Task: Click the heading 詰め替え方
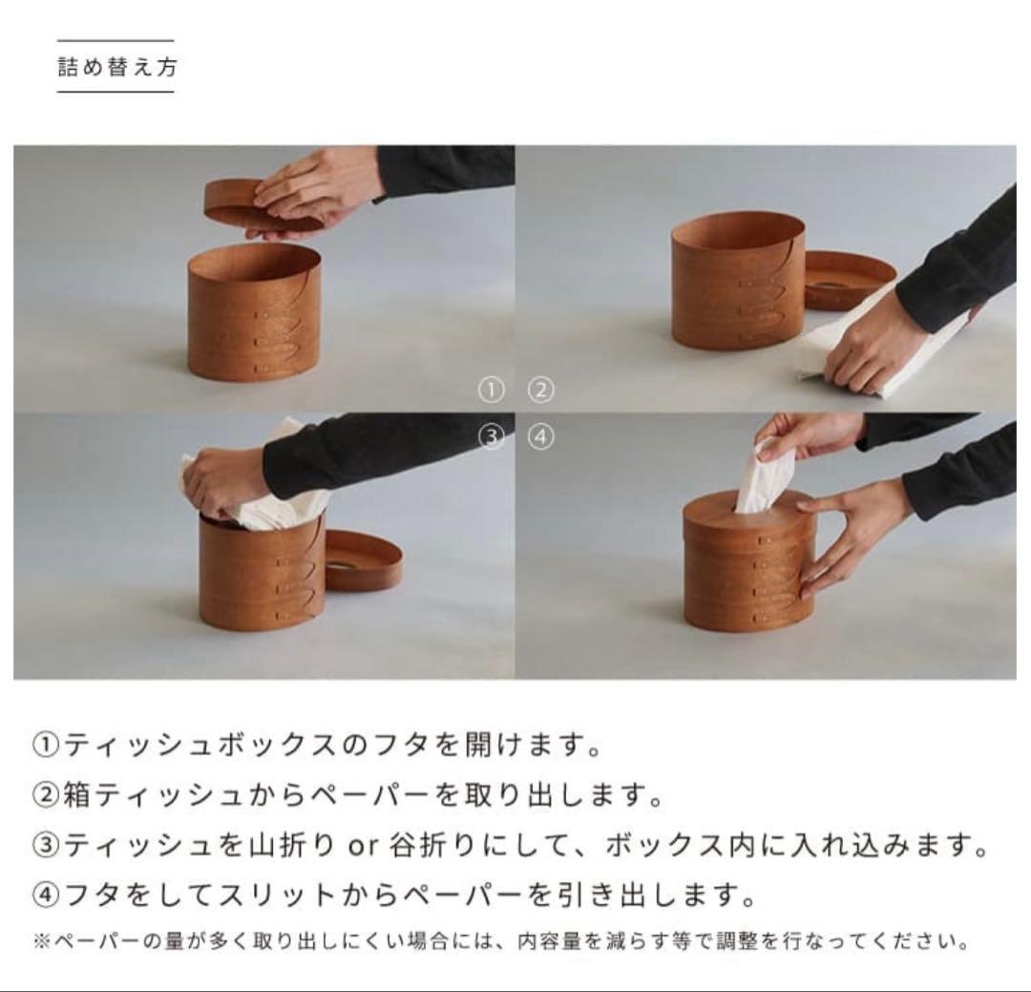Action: tap(116, 67)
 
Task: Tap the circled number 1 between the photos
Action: tap(491, 390)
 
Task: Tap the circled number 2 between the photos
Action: tap(540, 390)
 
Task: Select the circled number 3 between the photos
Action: tap(491, 437)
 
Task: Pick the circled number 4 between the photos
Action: tap(540, 437)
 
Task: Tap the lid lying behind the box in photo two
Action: tap(848, 279)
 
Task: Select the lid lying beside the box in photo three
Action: tap(363, 563)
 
